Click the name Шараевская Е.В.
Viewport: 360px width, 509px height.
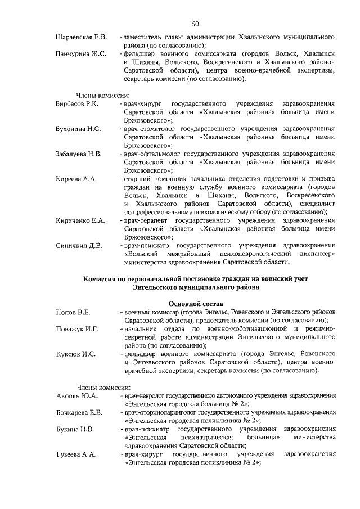[82, 38]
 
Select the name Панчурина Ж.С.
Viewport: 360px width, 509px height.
[81, 53]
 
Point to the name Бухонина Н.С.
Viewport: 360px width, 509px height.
[78, 129]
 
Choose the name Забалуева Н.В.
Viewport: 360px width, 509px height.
[79, 154]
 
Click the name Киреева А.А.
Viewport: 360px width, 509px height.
[76, 178]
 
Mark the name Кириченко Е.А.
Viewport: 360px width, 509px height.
[80, 220]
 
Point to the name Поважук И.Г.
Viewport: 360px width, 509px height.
[76, 328]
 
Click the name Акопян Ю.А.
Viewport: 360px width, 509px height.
[77, 395]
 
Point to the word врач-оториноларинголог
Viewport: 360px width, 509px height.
[165, 412]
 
